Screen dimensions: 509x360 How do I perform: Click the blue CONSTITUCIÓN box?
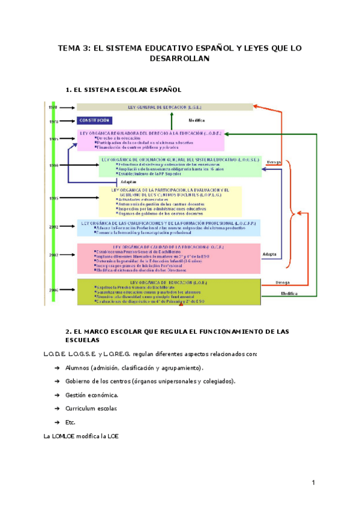pyautogui.click(x=95, y=121)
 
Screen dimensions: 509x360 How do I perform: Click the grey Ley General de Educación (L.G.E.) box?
pyautogui.click(x=164, y=107)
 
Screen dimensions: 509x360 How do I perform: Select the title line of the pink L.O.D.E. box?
pyautogui.click(x=151, y=133)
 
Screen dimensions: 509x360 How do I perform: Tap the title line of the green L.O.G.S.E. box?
pyautogui.click(x=180, y=160)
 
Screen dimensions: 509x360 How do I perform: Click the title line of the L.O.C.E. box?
pyautogui.click(x=169, y=247)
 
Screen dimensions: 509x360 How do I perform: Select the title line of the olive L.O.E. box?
pyautogui.click(x=169, y=282)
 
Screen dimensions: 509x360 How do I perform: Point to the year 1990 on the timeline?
pyautogui.click(x=53, y=165)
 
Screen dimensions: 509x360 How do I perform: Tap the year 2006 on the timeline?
pyautogui.click(x=53, y=290)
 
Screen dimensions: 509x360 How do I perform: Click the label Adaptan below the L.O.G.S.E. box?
pyautogui.click(x=128, y=182)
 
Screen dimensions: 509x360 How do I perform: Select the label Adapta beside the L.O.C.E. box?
pyautogui.click(x=269, y=254)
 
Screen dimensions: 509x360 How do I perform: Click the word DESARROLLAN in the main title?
pyautogui.click(x=179, y=59)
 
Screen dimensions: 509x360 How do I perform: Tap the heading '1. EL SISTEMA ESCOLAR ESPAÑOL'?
pyautogui.click(x=123, y=89)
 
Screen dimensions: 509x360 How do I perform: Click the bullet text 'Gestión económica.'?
pyautogui.click(x=92, y=395)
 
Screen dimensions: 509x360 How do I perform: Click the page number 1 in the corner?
pyautogui.click(x=313, y=483)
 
